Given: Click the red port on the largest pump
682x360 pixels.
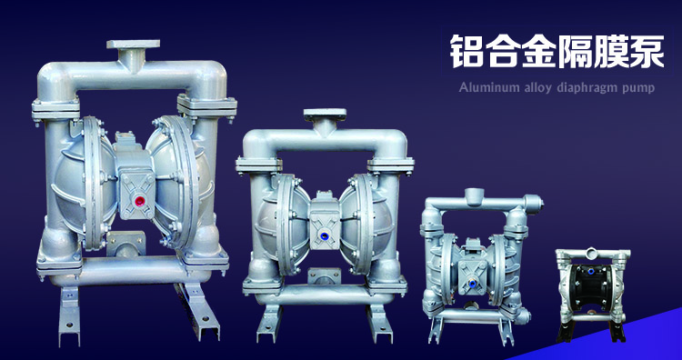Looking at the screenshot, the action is tap(140, 201).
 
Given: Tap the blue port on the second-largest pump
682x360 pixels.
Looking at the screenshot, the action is tap(324, 236).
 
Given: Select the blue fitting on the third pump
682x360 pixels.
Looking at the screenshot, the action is tap(471, 284).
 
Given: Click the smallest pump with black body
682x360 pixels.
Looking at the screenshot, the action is tap(592, 295).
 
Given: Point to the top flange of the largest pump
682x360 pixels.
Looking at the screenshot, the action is tap(133, 44).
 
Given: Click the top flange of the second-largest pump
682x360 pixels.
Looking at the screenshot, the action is tap(325, 115).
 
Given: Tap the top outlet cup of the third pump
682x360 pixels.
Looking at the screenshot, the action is tap(474, 197).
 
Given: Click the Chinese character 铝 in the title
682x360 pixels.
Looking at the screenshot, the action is tap(466, 51).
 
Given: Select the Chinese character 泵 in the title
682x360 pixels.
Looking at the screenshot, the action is tap(647, 51).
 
